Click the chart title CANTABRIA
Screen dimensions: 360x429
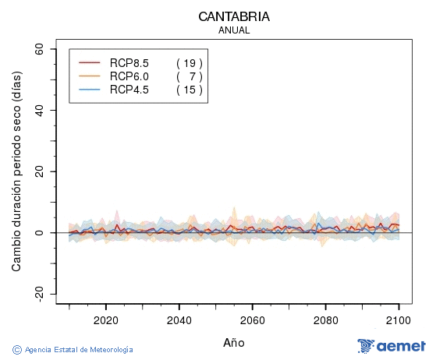coord(234,16)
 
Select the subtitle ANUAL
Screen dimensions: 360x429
coord(234,30)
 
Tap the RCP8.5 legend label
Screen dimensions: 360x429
coord(129,63)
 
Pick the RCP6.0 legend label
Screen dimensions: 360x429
coord(129,76)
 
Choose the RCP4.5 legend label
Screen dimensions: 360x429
coord(129,90)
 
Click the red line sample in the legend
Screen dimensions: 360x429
coord(90,63)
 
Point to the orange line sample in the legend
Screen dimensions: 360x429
coord(90,76)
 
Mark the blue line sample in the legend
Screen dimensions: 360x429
coord(90,90)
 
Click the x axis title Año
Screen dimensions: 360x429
coord(234,342)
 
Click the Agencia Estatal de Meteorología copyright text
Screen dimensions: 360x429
coord(73,350)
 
